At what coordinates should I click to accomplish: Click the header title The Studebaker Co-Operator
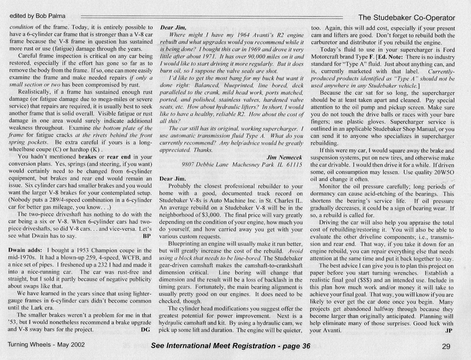(406, 18)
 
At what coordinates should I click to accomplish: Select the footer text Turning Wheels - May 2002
(46, 345)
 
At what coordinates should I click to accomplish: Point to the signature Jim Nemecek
(284, 157)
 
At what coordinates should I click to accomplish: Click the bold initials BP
(147, 236)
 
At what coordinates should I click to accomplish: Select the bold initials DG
(146, 330)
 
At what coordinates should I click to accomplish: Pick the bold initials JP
(449, 330)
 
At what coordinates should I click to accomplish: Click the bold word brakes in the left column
(88, 157)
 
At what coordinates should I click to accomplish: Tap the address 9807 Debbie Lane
(205, 165)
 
